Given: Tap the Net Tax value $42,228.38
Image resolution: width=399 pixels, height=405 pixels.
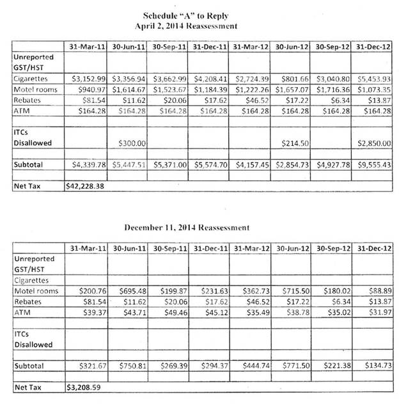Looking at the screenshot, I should click(87, 187).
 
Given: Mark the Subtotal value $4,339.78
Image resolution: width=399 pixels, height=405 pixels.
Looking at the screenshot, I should click(88, 165).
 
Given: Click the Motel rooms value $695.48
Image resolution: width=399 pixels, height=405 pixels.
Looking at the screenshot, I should click(130, 291).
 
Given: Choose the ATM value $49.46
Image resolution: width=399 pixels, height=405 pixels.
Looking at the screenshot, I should click(171, 313).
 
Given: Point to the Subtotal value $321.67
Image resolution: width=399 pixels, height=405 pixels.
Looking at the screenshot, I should click(90, 366).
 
